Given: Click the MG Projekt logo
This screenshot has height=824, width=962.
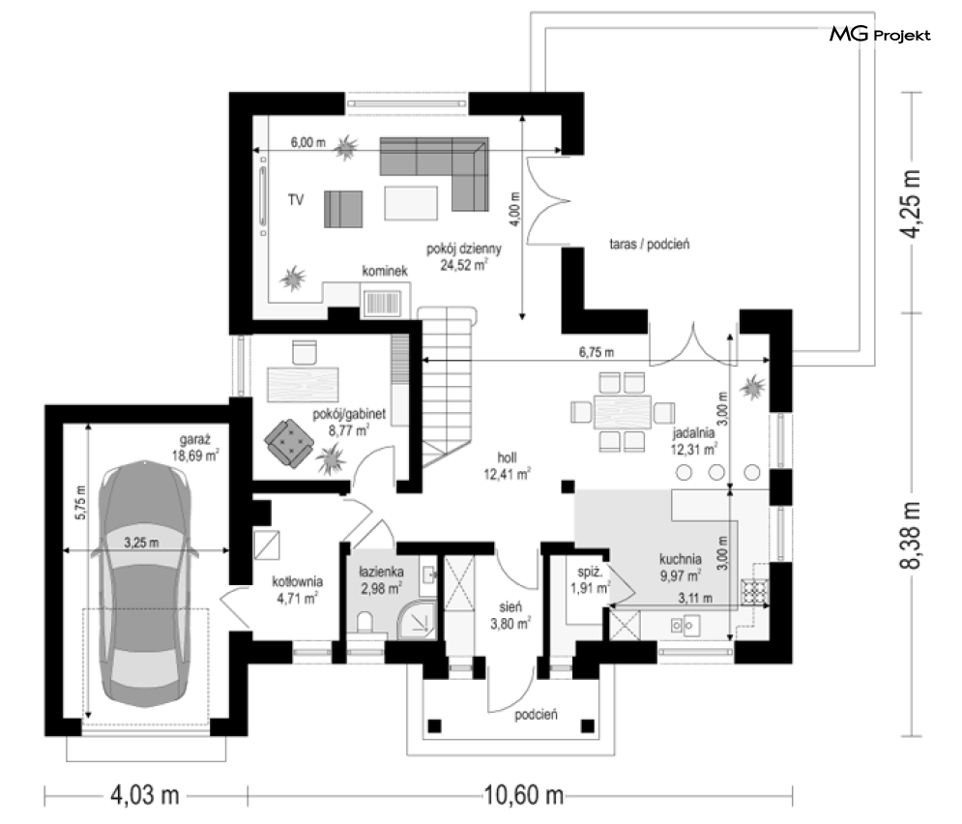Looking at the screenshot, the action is (x=880, y=35).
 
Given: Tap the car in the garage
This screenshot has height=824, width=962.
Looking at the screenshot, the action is (x=145, y=583).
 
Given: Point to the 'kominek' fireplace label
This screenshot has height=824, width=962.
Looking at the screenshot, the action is (x=385, y=271).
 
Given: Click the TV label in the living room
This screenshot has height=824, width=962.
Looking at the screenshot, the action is (x=296, y=200).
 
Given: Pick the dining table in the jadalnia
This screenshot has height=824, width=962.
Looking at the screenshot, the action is (x=622, y=412).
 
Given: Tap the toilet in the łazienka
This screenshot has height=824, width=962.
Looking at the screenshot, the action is (x=364, y=622).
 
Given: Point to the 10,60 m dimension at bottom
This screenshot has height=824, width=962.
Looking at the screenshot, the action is (x=523, y=796).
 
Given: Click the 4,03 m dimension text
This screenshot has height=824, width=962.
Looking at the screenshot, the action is (x=145, y=796).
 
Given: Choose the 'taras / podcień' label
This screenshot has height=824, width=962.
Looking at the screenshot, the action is (x=649, y=244).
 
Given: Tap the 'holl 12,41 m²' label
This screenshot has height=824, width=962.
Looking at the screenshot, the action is (x=507, y=466).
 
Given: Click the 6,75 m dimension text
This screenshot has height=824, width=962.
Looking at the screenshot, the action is (x=597, y=352).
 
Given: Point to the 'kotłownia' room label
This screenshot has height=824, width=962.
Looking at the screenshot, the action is (x=297, y=581).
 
